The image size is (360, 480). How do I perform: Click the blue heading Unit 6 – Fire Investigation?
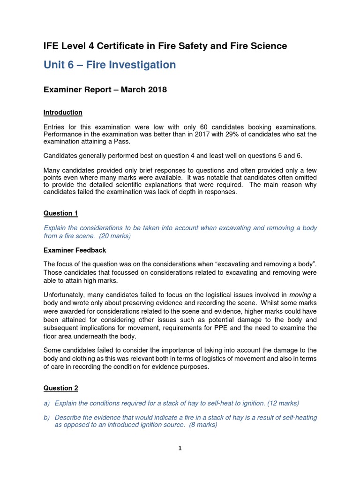click(110, 65)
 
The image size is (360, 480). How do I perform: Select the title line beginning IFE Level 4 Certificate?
click(165, 46)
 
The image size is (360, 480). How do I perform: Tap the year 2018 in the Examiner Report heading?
click(157, 90)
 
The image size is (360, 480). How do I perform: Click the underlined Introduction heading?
click(63, 112)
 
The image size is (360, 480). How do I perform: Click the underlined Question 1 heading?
click(60, 213)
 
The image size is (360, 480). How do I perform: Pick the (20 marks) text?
click(114, 236)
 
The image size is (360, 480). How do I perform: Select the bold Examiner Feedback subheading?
click(75, 250)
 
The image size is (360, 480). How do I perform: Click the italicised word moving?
click(300, 295)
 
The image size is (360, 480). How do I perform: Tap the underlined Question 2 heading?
click(60, 388)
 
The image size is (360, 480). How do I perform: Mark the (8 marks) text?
click(201, 425)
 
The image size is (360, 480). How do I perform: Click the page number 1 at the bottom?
click(180, 449)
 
